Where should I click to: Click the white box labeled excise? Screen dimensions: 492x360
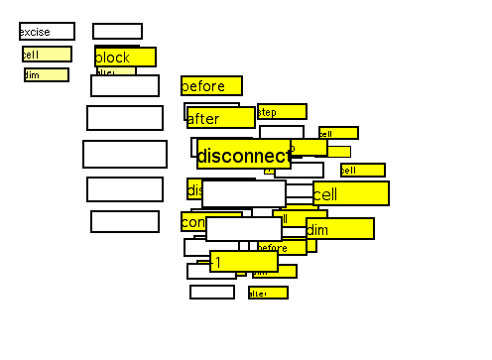47,32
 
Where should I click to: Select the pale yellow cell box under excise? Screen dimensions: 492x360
47,54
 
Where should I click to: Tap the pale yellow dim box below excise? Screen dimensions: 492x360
47,75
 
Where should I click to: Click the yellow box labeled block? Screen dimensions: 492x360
125,58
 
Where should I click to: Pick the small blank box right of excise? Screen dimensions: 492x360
117,32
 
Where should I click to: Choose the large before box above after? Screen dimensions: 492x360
211,86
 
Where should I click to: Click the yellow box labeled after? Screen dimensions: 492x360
220,118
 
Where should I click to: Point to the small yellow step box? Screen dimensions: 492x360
282,112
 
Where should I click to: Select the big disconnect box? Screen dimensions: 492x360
243,154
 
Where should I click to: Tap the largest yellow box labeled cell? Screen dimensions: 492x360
351,193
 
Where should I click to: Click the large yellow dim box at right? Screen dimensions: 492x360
340,229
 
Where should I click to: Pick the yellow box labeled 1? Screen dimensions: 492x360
243,261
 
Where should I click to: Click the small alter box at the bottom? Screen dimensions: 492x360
268,293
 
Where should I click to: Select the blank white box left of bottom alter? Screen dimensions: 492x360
212,292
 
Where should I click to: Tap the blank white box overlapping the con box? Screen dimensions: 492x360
243,229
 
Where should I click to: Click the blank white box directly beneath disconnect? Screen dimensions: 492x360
243,193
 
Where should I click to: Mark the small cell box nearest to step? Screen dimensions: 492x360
338,133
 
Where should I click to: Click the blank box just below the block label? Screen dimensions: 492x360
125,86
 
